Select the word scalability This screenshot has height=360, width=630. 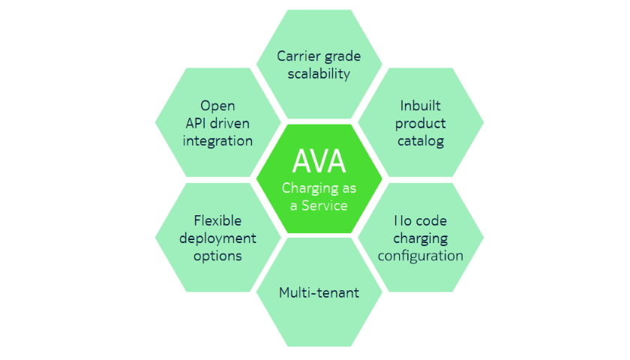[319, 73]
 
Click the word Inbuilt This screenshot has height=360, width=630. [420, 106]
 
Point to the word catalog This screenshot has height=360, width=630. [420, 140]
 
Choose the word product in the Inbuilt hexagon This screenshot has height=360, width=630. [420, 123]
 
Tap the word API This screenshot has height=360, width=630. [191, 123]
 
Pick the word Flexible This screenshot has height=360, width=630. [217, 220]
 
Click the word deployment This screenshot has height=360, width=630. [217, 238]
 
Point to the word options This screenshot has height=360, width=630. [217, 255]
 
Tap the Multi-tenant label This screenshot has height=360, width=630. [319, 292]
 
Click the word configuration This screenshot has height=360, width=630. [420, 256]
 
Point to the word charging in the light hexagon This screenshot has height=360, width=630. [420, 238]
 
